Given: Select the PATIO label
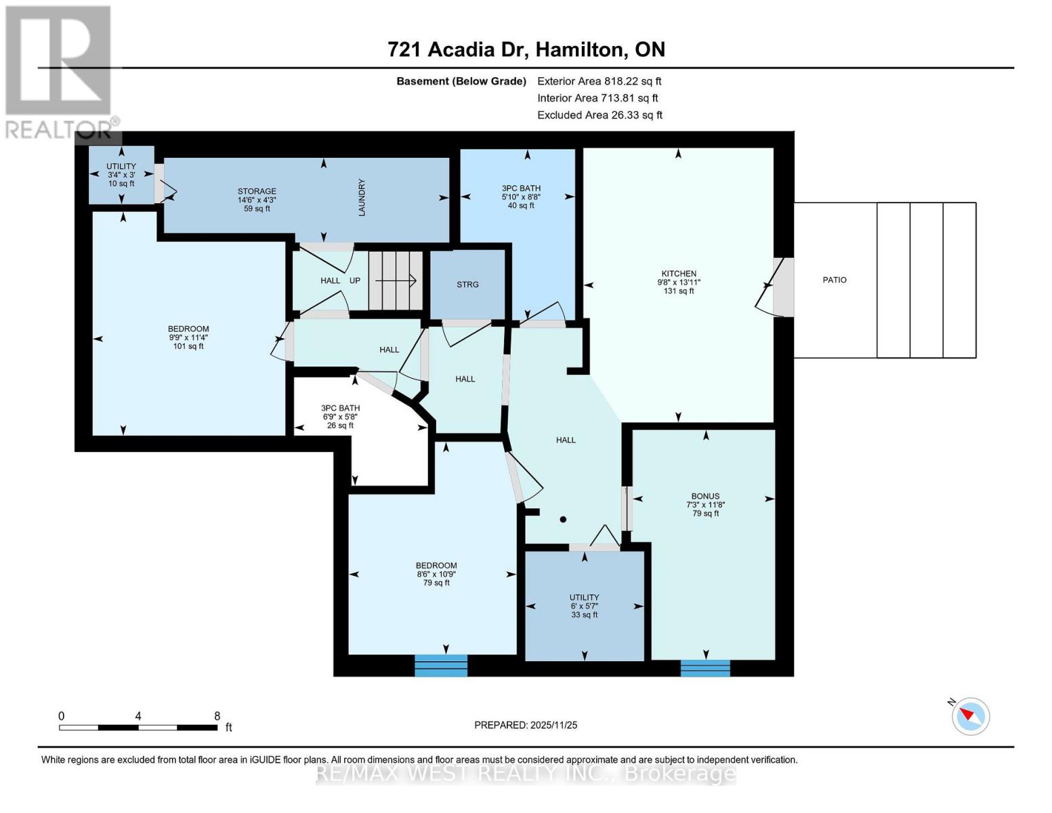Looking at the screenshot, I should point(834,280).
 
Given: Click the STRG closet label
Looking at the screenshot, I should point(467,285).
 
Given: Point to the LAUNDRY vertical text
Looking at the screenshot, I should point(362,197).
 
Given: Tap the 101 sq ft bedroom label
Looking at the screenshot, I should point(188,337).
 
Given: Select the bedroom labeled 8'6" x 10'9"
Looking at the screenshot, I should point(436,574).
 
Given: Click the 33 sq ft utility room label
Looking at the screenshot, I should point(584,606).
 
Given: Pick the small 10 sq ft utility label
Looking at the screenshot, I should point(121,175).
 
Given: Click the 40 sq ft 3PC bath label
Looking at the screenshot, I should point(521,196).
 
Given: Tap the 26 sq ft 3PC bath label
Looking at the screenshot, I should point(340,417).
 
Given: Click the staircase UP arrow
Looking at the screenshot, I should point(396,280).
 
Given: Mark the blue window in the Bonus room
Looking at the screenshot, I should point(705,668).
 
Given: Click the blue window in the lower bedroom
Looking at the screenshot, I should point(441,665).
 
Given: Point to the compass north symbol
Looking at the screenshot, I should point(971,715).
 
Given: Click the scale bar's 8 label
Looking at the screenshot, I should point(217,716).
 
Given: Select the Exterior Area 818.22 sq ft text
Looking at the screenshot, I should point(599,81).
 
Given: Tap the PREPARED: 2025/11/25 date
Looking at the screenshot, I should point(526,725).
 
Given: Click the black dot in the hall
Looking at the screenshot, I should point(563,520).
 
